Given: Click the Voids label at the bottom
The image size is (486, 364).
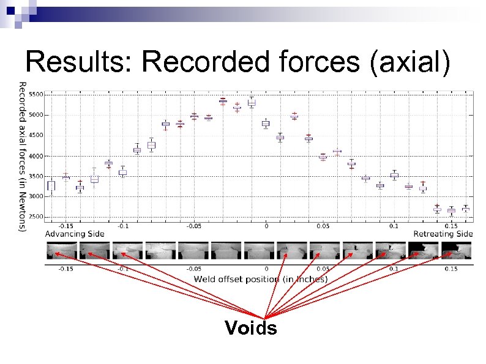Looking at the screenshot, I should (250, 329).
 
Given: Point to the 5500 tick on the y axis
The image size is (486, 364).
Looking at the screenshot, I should (36, 95).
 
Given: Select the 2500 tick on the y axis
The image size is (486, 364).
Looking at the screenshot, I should (36, 217).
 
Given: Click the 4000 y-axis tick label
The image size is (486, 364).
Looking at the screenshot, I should (36, 156).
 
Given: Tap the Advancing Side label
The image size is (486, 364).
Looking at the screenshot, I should (75, 234).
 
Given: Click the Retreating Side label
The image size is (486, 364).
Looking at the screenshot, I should (443, 234).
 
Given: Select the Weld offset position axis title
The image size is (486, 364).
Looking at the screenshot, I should (261, 279).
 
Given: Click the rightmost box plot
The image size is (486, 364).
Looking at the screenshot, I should (466, 209).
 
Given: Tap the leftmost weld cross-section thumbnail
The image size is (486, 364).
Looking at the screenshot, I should (61, 250).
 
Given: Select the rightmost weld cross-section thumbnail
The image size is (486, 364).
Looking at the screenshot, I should (457, 250).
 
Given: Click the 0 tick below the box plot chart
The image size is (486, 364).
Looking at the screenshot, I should (266, 226).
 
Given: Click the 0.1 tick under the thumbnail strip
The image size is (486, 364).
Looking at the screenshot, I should (393, 269).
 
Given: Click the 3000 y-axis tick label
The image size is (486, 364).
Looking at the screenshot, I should (36, 196).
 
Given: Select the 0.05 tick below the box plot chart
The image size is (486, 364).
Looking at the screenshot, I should (323, 226).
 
